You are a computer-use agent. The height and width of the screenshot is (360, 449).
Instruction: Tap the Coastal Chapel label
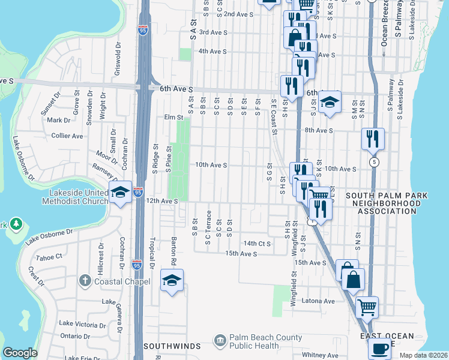(x=113, y=280)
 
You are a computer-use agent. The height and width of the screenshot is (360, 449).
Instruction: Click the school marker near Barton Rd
(x=172, y=280)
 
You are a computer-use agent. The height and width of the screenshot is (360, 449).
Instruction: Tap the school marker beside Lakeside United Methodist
(x=120, y=192)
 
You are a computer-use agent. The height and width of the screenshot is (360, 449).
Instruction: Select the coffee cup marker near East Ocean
(x=379, y=348)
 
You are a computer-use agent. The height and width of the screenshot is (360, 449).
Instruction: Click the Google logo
(x=20, y=353)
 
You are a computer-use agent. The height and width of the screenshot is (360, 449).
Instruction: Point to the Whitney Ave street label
(x=321, y=355)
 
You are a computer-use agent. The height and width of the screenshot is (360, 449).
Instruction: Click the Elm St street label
(x=173, y=118)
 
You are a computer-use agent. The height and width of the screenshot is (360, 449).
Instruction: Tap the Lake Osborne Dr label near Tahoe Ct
(x=49, y=236)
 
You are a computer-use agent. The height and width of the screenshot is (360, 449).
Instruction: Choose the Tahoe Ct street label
(x=49, y=257)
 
